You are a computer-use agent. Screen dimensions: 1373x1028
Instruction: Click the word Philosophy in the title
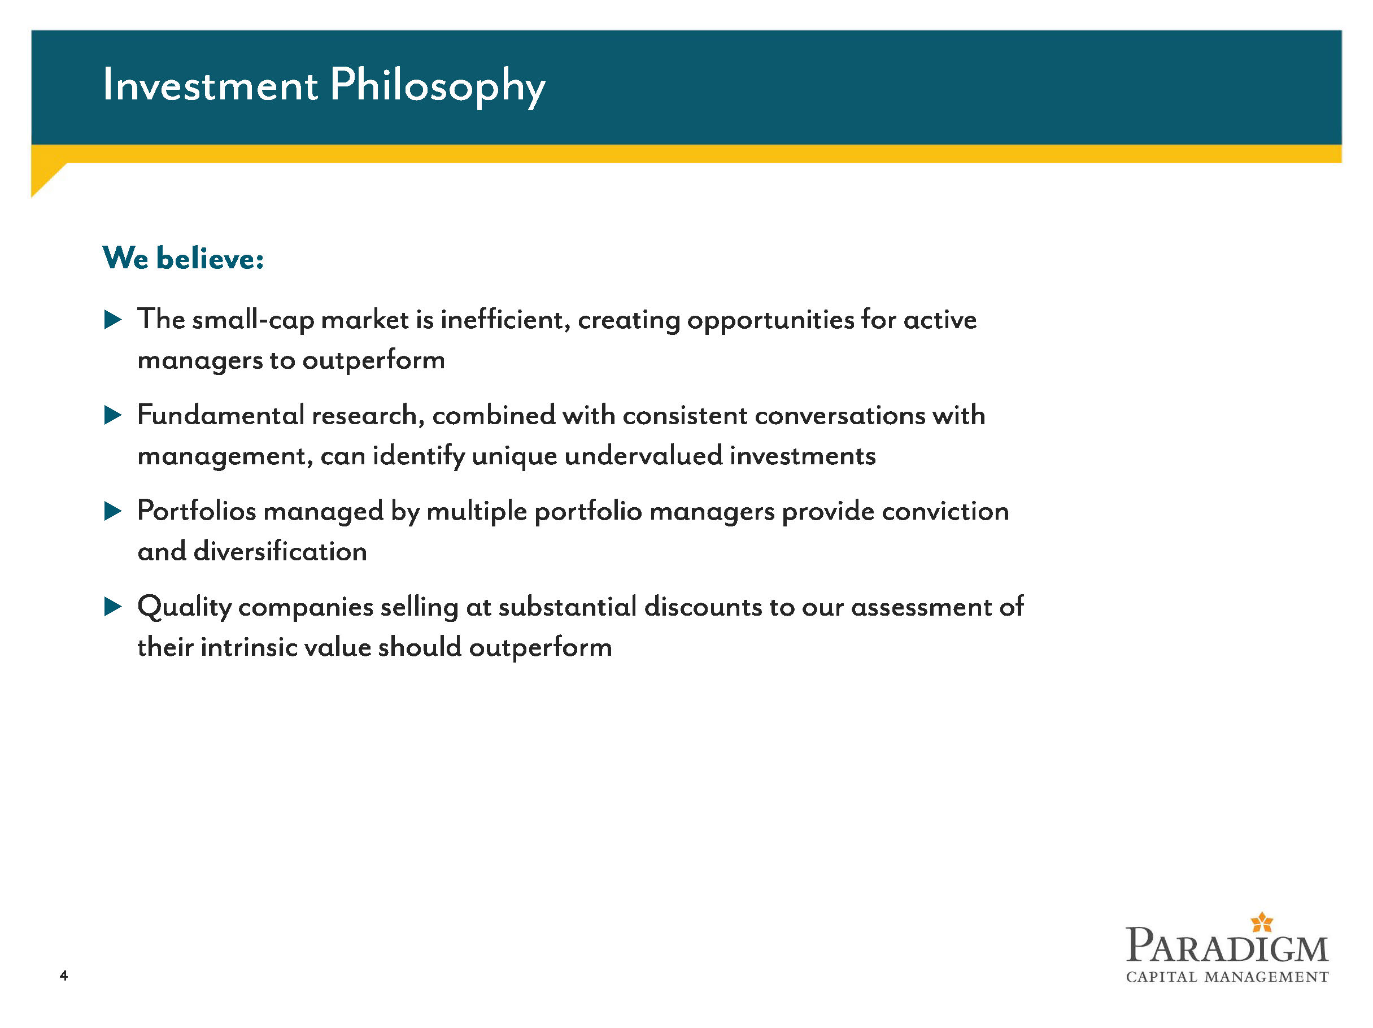point(438,87)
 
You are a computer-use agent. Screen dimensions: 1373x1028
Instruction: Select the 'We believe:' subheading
point(183,258)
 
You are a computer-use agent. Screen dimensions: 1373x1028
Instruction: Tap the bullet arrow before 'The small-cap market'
point(113,320)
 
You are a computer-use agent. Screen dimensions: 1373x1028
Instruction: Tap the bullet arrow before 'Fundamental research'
point(113,415)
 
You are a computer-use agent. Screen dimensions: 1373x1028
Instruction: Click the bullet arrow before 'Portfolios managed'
point(113,511)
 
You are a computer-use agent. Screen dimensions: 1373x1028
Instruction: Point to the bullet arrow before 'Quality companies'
point(113,607)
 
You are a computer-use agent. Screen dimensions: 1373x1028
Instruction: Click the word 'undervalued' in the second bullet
point(644,456)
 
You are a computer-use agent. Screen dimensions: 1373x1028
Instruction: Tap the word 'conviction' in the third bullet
point(945,512)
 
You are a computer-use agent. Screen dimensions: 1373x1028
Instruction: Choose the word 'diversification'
point(281,551)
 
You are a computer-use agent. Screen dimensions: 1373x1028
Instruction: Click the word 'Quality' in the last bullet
point(184,608)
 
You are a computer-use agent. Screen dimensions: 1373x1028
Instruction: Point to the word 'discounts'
point(703,607)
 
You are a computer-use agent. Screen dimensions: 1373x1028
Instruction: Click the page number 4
point(63,976)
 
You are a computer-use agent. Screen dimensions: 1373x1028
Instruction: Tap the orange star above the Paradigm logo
point(1262,922)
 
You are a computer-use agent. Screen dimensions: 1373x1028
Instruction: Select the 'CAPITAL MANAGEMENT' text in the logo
point(1227,977)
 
